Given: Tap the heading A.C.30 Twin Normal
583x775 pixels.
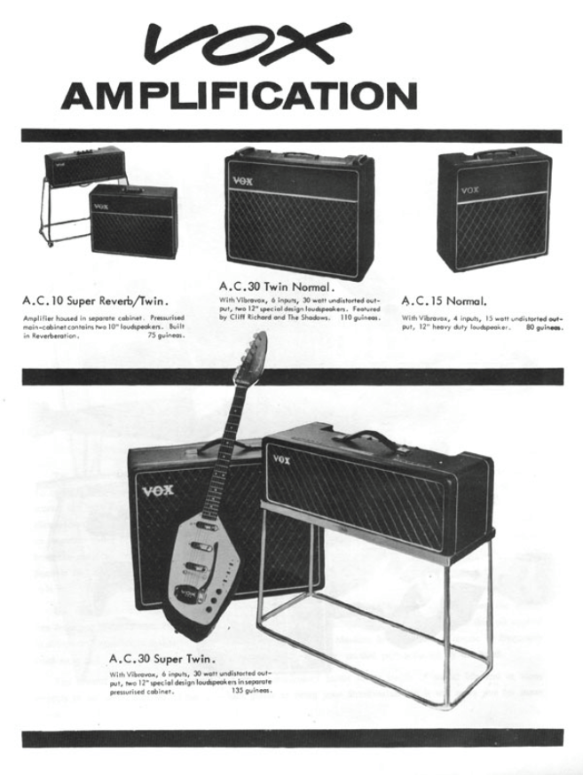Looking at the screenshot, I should point(276,286).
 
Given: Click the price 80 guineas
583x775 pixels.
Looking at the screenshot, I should point(542,328).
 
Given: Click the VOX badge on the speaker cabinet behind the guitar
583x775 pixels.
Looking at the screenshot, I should point(158,490).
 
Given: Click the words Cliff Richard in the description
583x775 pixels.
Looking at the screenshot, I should point(251,317).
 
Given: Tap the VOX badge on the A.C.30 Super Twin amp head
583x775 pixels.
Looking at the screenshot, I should point(281,459).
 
